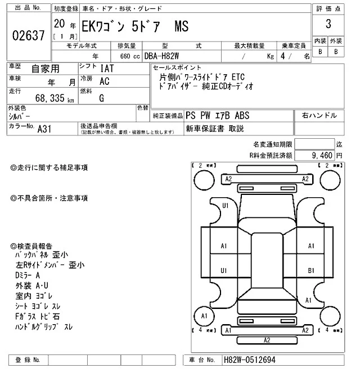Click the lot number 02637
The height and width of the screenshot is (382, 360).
coord(28,35)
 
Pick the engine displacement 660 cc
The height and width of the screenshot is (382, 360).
coord(132,56)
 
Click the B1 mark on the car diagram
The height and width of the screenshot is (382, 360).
coord(310,271)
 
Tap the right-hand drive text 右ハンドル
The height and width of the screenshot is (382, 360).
coord(319,115)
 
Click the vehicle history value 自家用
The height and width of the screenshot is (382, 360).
coord(44,69)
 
